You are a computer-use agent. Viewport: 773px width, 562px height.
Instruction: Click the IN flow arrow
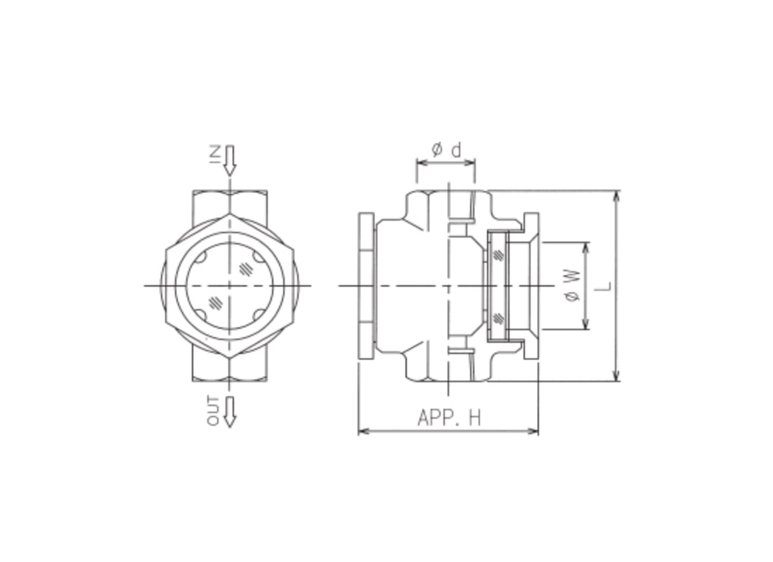[229, 160]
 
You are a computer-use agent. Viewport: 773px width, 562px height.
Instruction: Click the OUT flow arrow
[229, 412]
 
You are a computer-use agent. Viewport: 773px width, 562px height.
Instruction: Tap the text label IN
[215, 154]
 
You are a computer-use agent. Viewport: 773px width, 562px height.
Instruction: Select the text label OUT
[214, 411]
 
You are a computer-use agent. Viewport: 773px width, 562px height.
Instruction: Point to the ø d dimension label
[446, 150]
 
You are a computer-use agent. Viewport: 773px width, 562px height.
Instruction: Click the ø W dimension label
[573, 286]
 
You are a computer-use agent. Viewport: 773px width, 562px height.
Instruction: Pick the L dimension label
[605, 286]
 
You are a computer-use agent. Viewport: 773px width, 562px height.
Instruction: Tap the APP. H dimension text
[448, 417]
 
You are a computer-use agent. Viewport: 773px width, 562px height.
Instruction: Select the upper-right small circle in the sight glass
[260, 257]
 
